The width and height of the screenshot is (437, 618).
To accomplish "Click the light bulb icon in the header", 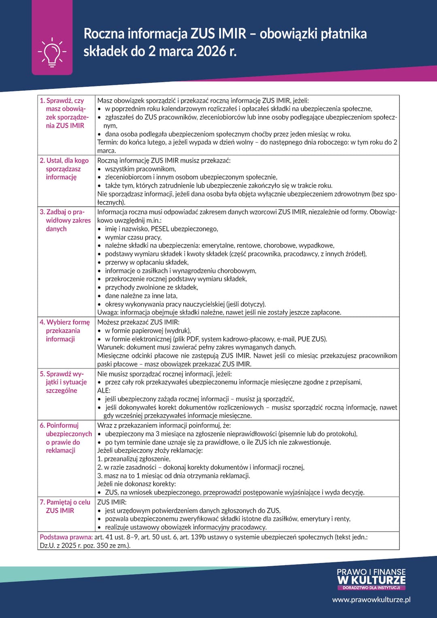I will pos(52,52).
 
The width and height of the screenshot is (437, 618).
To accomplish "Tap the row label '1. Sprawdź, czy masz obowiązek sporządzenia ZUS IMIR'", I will pos(65,113).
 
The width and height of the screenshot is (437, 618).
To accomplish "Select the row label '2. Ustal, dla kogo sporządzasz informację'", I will pos(64,169).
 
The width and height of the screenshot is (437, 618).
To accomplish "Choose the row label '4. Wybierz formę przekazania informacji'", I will pos(65,330).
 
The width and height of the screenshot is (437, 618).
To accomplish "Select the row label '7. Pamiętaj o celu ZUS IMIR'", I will pos(65,506).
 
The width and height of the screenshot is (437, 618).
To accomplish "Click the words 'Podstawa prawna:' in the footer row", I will pos(66,537).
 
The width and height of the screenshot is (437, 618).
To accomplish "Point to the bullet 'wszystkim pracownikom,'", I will pos(140,169).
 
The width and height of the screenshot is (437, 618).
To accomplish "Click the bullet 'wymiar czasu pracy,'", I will pos(133,237).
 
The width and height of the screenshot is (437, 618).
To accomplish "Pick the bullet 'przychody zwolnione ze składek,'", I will pos(151,288).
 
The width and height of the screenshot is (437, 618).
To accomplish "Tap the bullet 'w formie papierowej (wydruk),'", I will pos(148,330).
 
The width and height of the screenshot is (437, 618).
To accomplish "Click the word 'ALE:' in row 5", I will pos(104,390).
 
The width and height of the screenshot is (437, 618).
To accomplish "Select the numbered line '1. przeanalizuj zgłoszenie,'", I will pos(134,459).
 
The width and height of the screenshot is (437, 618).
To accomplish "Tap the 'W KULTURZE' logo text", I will pos(371,580).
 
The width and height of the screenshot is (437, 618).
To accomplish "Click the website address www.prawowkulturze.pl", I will pos(371,599).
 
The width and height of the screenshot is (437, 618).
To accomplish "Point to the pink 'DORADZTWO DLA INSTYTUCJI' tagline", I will pos(371,588).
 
